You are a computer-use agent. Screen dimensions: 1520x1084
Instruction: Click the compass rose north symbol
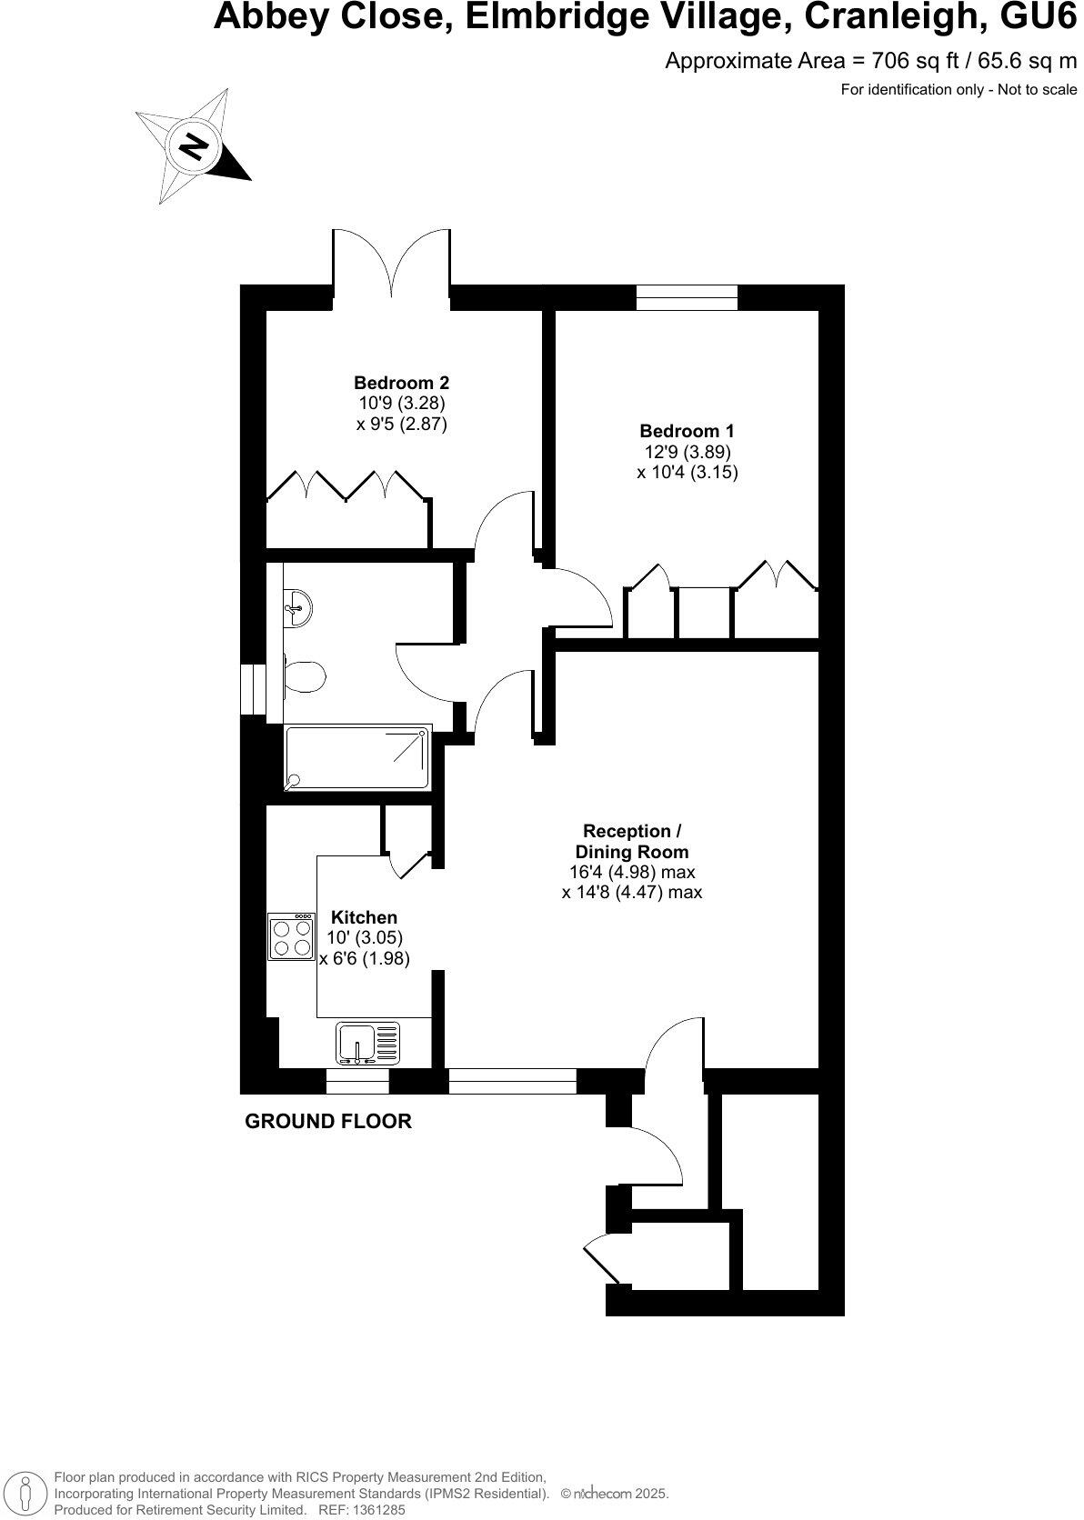click(193, 146)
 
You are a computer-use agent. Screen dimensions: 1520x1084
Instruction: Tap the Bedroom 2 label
click(401, 383)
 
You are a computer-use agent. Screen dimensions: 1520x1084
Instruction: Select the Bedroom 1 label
click(687, 431)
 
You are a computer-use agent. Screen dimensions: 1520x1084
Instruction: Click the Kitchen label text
click(364, 917)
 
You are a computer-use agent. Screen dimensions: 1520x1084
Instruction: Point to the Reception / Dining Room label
click(632, 842)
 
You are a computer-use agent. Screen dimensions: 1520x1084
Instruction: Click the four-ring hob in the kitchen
click(292, 937)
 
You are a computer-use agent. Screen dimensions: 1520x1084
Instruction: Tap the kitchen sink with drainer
click(367, 1042)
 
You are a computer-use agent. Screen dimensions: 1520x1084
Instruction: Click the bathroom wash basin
click(297, 605)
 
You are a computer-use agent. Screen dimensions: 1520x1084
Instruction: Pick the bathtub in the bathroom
click(357, 757)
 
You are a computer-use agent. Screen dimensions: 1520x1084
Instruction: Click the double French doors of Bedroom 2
click(392, 264)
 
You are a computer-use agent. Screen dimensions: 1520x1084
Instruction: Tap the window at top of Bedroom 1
click(687, 297)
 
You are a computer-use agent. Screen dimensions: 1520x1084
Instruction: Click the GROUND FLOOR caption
click(328, 1121)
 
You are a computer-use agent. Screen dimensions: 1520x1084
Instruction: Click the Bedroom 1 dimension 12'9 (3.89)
click(688, 452)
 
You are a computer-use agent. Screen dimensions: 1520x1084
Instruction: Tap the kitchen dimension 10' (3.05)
click(365, 937)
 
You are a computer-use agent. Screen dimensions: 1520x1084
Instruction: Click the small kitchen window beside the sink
click(357, 1082)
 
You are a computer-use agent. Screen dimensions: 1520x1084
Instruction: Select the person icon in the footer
click(26, 1492)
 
